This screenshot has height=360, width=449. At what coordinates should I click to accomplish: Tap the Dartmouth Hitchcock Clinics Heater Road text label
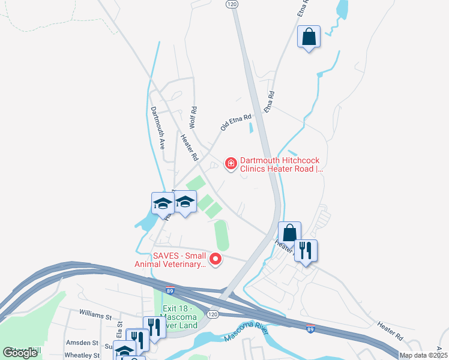pyautogui.click(x=282, y=165)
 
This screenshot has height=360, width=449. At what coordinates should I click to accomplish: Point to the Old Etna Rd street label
pyautogui.click(x=235, y=122)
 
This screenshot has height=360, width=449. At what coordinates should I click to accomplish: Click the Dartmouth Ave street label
pyautogui.click(x=157, y=128)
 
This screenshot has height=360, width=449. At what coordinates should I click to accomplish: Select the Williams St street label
pyautogui.click(x=95, y=314)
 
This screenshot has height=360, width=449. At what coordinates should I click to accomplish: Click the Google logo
pyautogui.click(x=20, y=353)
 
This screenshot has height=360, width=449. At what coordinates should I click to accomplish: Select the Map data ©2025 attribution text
pyautogui.click(x=424, y=355)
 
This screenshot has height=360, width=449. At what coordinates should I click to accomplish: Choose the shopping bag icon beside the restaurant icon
pyautogui.click(x=289, y=233)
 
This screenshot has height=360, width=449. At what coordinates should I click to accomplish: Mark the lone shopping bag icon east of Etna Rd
pyautogui.click(x=309, y=37)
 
